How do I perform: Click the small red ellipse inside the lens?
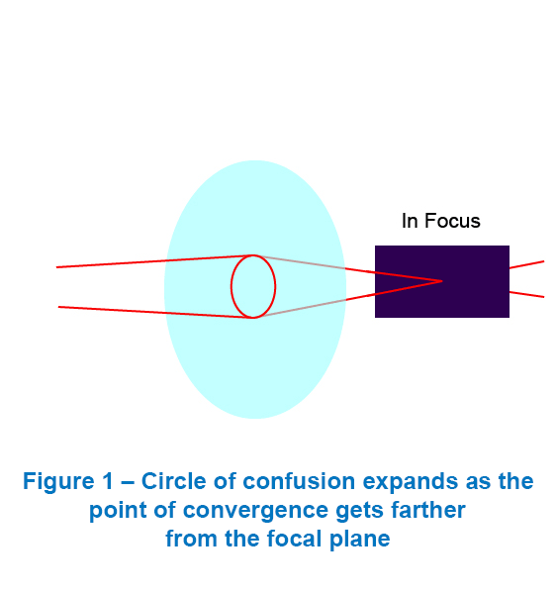(232, 286)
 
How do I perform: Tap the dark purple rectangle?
(442, 281)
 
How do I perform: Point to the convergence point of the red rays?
(442, 281)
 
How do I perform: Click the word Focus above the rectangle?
(452, 221)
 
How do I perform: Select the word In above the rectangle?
(410, 221)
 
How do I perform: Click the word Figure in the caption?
(58, 482)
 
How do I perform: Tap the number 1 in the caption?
(108, 481)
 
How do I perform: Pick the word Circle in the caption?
(174, 481)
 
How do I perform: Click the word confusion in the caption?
(299, 481)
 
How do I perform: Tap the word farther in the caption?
(427, 510)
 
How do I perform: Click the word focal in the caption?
(294, 539)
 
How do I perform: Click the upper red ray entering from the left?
(155, 261)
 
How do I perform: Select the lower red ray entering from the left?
(155, 313)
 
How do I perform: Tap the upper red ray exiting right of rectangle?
(526, 264)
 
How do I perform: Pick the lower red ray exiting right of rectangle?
(526, 294)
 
